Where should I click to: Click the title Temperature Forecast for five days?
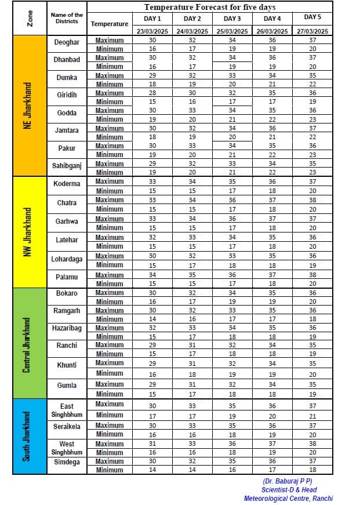(x=209, y=8)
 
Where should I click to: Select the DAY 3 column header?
(x=231, y=19)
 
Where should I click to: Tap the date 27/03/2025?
(x=312, y=31)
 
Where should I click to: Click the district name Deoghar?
(x=67, y=42)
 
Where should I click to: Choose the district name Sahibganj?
(x=67, y=167)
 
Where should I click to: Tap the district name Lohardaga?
(x=67, y=259)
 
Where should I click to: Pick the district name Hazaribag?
(x=67, y=328)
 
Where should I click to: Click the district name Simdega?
(x=67, y=462)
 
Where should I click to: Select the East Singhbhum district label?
(x=67, y=410)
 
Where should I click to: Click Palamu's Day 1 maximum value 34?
(x=152, y=275)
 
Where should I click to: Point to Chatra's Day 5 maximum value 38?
(x=312, y=200)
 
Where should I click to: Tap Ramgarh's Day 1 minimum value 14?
(x=152, y=319)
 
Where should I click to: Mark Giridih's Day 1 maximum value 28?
(x=152, y=93)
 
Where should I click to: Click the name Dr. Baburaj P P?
(x=288, y=481)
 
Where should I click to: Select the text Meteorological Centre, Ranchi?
(x=288, y=499)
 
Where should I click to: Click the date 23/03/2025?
(x=152, y=31)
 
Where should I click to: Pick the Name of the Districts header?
(x=67, y=18)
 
